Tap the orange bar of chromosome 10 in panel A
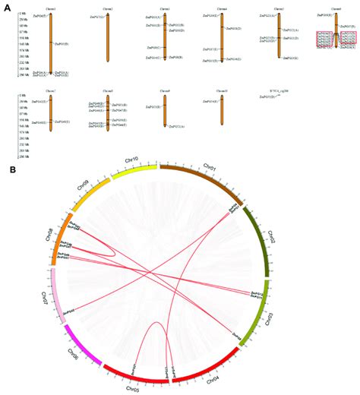(x=221, y=110)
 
